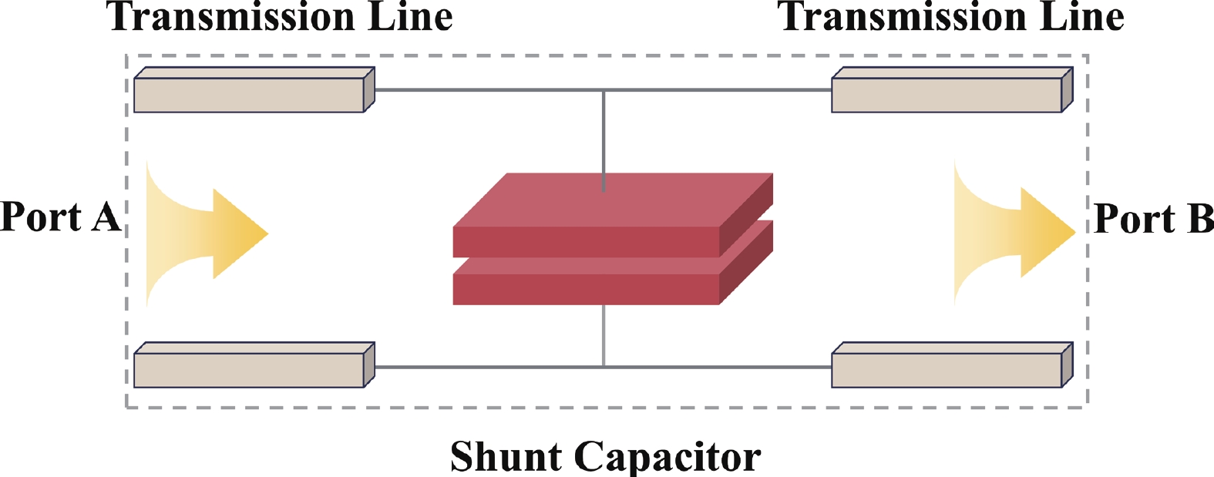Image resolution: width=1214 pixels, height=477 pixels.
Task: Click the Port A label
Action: click(60, 217)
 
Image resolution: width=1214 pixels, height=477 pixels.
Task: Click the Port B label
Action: click(1153, 219)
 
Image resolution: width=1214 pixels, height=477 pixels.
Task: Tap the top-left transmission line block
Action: click(249, 95)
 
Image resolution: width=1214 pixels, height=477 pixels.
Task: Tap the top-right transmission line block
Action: click(947, 95)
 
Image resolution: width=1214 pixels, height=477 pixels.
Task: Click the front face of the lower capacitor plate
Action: click(586, 289)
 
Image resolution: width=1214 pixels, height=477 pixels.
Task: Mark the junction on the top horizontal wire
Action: click(604, 90)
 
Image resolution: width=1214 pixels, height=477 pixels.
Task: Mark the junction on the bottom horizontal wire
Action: click(604, 367)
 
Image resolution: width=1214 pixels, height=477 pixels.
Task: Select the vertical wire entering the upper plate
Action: click(604, 139)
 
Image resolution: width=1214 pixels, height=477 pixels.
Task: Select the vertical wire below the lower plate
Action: click(604, 335)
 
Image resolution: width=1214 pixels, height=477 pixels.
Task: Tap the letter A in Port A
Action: click(106, 217)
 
